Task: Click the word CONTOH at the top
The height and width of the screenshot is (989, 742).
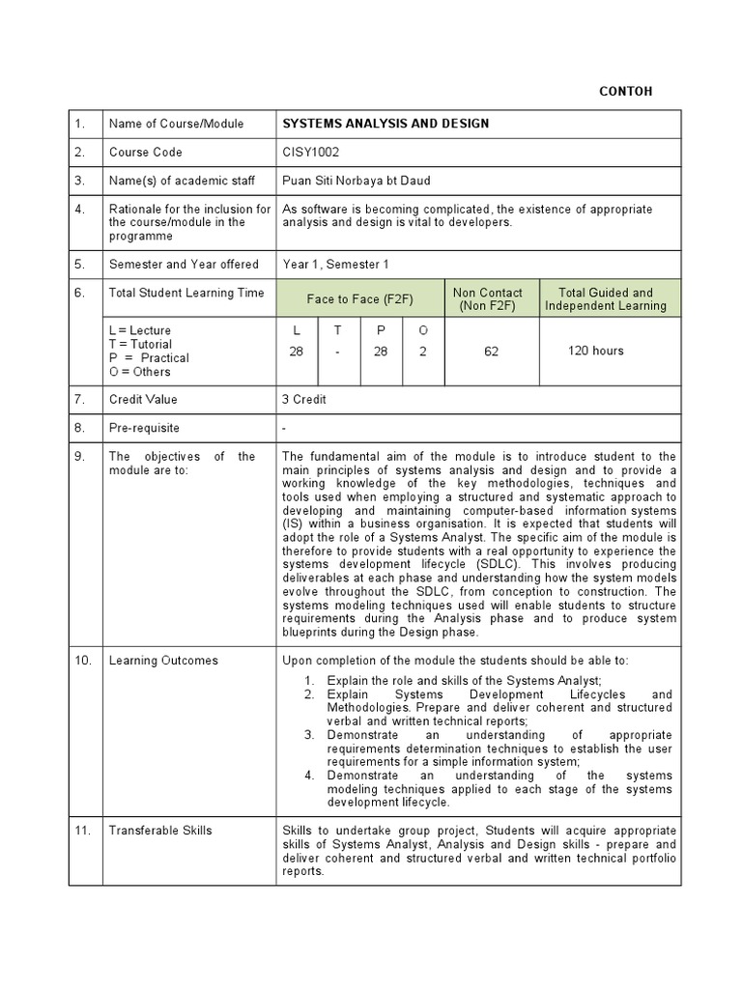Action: tap(626, 92)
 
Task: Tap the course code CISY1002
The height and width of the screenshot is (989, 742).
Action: tap(311, 152)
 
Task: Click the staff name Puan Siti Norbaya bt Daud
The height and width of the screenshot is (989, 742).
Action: tap(357, 180)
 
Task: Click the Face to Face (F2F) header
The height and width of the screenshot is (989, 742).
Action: tap(357, 299)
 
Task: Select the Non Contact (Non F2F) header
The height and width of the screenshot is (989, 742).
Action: tap(488, 299)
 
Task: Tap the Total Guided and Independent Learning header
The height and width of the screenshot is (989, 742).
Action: tap(606, 299)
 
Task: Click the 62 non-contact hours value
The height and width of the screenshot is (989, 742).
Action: tap(491, 352)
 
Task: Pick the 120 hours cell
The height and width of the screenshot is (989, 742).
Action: tap(596, 351)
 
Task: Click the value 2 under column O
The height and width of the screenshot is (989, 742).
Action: tap(422, 352)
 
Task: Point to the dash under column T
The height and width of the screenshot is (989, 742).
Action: tap(338, 352)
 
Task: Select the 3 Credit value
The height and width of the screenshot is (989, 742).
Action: tap(304, 399)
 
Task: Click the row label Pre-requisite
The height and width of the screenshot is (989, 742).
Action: tap(144, 428)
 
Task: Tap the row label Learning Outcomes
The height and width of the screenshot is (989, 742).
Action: tap(163, 661)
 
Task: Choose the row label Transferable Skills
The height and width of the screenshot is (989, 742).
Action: tap(160, 830)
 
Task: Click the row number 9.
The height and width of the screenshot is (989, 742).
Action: tap(80, 456)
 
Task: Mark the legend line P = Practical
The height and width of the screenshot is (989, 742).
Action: tap(149, 358)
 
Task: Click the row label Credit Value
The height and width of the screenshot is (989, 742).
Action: tap(143, 399)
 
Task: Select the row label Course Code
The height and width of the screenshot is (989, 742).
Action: tap(145, 152)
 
